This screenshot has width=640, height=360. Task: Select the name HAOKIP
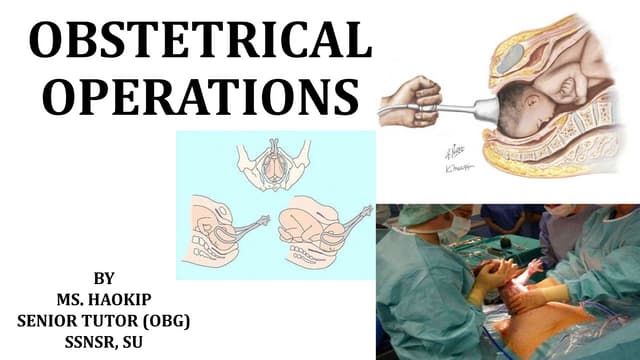coord(124,297)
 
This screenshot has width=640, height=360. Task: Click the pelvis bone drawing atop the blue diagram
coord(267,160)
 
